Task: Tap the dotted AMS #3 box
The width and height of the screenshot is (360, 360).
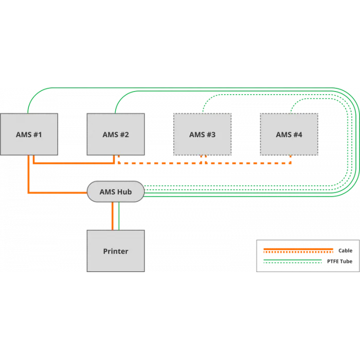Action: pyautogui.click(x=202, y=135)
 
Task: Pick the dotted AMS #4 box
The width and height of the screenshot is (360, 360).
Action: pyautogui.click(x=289, y=135)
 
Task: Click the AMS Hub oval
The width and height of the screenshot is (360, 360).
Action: pyautogui.click(x=115, y=192)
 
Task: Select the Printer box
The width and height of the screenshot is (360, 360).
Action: pyautogui.click(x=115, y=251)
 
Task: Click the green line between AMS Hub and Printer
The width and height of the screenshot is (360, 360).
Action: pyautogui.click(x=119, y=215)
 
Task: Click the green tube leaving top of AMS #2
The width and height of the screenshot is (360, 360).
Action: pyautogui.click(x=115, y=105)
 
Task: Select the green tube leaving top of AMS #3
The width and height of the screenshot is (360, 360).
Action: pyautogui.click(x=203, y=106)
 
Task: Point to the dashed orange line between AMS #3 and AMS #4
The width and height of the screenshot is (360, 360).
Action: pyautogui.click(x=247, y=163)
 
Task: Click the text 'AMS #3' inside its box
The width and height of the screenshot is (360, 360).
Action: pyautogui.click(x=202, y=135)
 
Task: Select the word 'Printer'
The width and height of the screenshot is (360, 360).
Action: pyautogui.click(x=115, y=251)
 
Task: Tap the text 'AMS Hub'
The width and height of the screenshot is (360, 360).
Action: pyautogui.click(x=115, y=192)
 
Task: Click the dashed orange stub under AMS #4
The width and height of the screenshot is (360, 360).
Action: pyautogui.click(x=291, y=159)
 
